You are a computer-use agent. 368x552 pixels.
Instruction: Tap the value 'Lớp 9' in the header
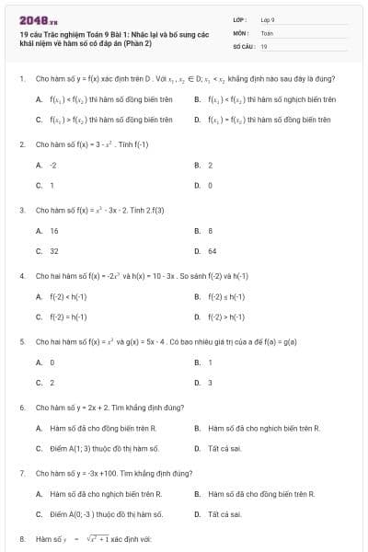pyautogui.click(x=268, y=19)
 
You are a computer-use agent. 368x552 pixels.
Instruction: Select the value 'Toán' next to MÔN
pyautogui.click(x=267, y=32)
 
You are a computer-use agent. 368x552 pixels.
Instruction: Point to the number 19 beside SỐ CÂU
pyautogui.click(x=264, y=45)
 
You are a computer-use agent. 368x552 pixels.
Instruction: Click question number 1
pyautogui.click(x=21, y=78)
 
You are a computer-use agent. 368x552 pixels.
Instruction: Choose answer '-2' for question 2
pyautogui.click(x=53, y=165)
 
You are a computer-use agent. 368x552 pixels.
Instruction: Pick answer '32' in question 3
pyautogui.click(x=53, y=250)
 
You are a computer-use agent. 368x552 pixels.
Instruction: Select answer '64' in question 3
pyautogui.click(x=212, y=250)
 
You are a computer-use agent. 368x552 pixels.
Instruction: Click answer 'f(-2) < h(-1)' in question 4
pyautogui.click(x=68, y=296)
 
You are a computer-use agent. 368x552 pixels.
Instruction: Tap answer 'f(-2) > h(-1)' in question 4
pyautogui.click(x=226, y=316)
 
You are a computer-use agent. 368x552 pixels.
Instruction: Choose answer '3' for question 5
pyautogui.click(x=210, y=382)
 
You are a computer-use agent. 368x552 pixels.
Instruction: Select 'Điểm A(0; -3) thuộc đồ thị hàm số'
pyautogui.click(x=106, y=514)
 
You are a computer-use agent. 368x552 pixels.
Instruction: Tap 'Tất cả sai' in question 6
pyautogui.click(x=224, y=448)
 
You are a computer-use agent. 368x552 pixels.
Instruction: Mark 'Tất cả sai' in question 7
pyautogui.click(x=224, y=514)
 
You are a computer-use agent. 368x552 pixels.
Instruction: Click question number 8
pyautogui.click(x=21, y=538)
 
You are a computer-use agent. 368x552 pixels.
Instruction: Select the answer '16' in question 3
pyautogui.click(x=53, y=231)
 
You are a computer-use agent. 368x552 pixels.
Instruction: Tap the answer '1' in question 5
pyautogui.click(x=210, y=362)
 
